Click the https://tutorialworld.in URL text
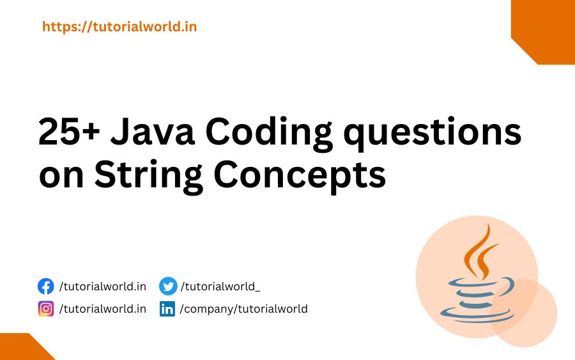click(119, 27)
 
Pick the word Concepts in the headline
click(300, 175)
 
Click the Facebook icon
click(45, 286)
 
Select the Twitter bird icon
click(167, 286)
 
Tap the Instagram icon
click(45, 309)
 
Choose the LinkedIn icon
click(167, 309)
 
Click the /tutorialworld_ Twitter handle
click(220, 286)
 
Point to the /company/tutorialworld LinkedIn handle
click(243, 309)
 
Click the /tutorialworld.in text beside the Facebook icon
click(102, 286)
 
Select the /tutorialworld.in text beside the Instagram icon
click(102, 309)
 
